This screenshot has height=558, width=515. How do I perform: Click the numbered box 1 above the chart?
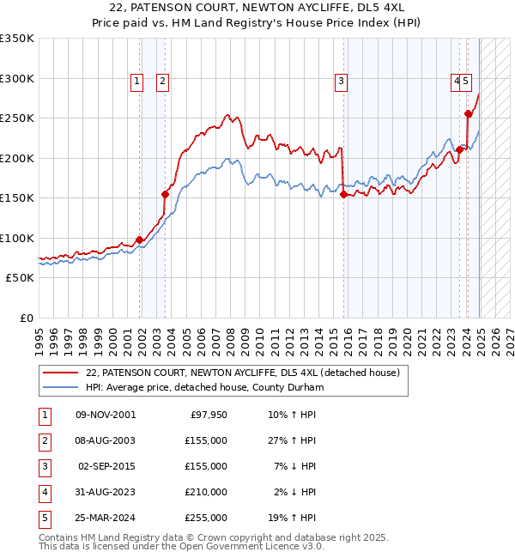[x=136, y=82]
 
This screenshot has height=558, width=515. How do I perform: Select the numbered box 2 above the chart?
[x=162, y=82]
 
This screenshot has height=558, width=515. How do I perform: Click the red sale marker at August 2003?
[x=165, y=194]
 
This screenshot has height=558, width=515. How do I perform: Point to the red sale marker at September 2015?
[x=343, y=194]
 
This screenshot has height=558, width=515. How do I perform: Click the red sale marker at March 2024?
[x=469, y=113]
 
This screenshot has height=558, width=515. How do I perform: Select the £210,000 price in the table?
[x=206, y=493]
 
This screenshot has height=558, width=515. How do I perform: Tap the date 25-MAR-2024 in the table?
[x=106, y=519]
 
